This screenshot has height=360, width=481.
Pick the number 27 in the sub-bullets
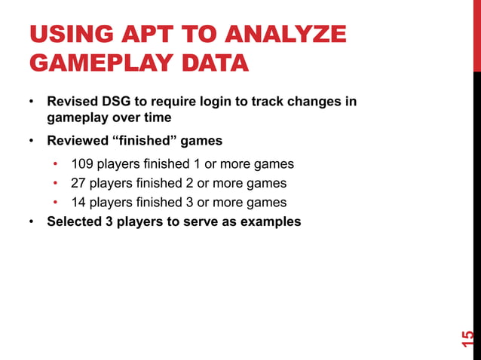[x=79, y=183]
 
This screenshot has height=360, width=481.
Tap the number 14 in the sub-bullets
[x=79, y=202]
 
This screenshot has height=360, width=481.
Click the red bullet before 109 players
[x=56, y=164]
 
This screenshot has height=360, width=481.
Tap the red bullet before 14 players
[x=56, y=203]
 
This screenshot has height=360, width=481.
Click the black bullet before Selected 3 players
[x=32, y=222]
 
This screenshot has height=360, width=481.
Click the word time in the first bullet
[x=157, y=117]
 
